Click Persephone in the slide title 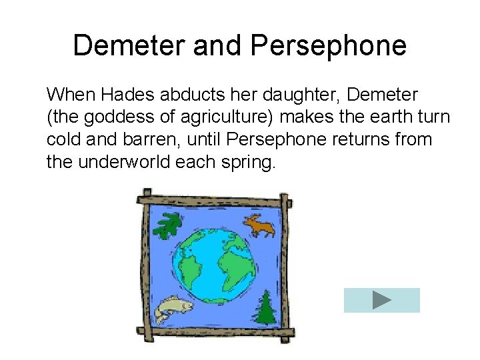[x=328, y=46]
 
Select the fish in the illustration [x=173, y=309]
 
